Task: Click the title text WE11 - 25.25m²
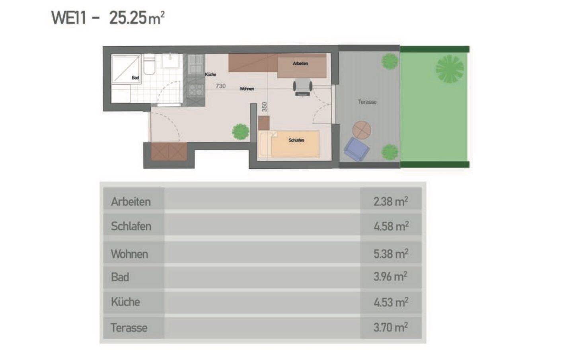coord(108,18)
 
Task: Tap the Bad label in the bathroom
coord(135,78)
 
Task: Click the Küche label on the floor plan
coord(210,74)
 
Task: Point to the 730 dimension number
coord(220,86)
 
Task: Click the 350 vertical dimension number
coord(265,107)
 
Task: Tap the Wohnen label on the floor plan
coord(247,89)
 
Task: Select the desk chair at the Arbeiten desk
coord(302,87)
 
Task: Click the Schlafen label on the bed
coord(296,140)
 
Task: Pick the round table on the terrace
coord(362,130)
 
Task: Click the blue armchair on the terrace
coord(357,149)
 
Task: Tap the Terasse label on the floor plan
coord(367,102)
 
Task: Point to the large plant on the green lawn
coord(450,69)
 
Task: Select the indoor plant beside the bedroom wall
coord(240,132)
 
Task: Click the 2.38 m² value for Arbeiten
coord(391,201)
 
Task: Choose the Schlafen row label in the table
coord(131,226)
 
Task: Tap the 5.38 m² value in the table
coord(391,254)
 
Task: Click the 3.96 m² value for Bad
coord(390,276)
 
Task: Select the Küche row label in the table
coord(125,302)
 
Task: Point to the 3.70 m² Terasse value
coord(391,327)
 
